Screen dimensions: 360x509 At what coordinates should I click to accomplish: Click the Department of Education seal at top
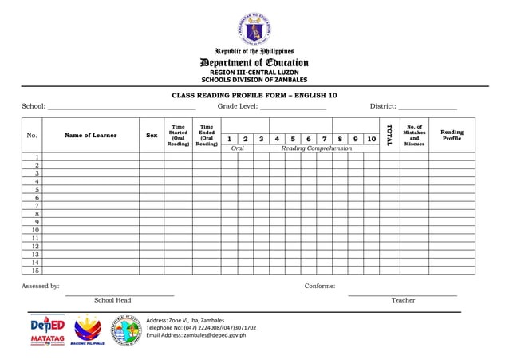pos(254,30)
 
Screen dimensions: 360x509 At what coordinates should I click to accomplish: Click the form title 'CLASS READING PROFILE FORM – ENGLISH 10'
pos(254,95)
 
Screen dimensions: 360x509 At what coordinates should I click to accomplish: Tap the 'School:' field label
pos(34,106)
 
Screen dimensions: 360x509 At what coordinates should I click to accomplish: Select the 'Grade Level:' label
pos(237,106)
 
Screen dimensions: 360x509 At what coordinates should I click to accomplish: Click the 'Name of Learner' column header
pos(91,136)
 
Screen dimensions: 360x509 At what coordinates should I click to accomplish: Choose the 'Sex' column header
pos(152,136)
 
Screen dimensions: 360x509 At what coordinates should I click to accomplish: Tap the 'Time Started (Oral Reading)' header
pos(178,136)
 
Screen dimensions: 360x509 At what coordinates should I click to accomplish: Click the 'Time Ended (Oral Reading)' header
pos(207,136)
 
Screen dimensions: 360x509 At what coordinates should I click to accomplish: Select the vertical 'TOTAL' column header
pos(389,135)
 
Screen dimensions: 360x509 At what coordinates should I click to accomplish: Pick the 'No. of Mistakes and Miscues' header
pos(414,136)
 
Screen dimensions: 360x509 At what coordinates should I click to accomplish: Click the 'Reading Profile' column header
pos(452,136)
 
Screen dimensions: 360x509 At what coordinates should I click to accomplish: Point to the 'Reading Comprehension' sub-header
pos(316,148)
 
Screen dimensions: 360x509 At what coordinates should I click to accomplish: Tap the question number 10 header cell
pos(371,139)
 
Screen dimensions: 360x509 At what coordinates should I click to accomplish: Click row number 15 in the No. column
pos(36,271)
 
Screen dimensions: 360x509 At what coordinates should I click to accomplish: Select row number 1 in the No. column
pos(36,157)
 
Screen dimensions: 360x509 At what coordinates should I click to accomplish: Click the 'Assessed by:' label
pos(40,286)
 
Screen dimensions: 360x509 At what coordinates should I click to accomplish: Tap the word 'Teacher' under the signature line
pos(403,300)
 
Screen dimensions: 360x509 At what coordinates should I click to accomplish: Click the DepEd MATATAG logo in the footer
pos(47,331)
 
